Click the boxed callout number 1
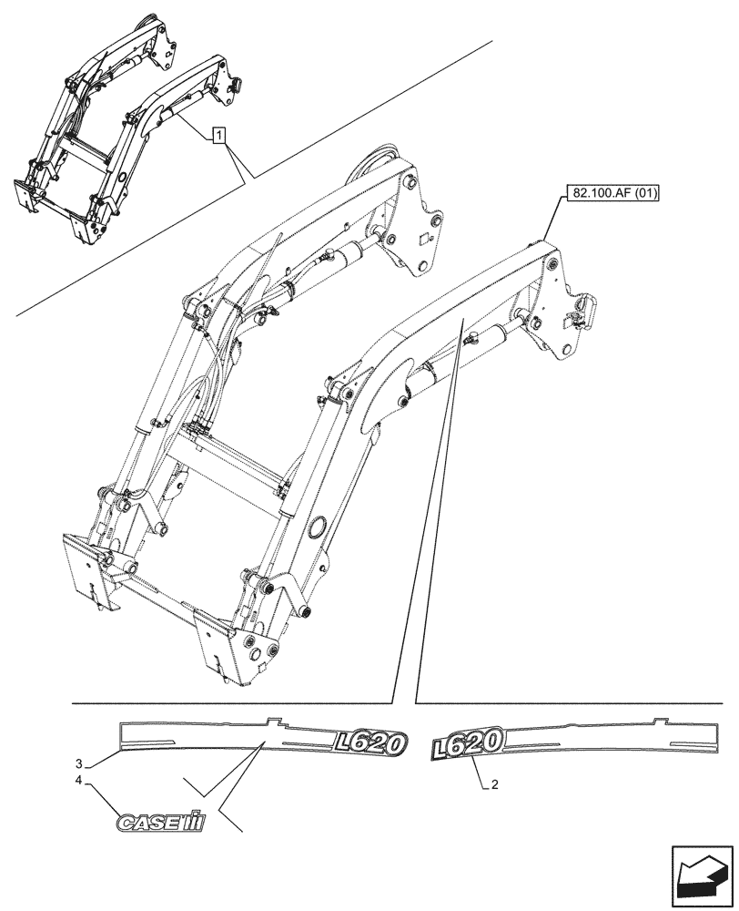pyautogui.click(x=218, y=136)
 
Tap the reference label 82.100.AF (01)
pyautogui.click(x=615, y=193)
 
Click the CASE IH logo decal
pyautogui.click(x=160, y=823)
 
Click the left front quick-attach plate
pyautogui.click(x=90, y=571)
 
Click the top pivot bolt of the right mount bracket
pyautogui.click(x=550, y=264)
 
